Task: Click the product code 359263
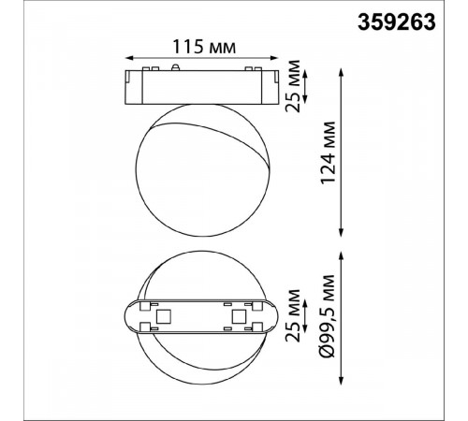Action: [396, 22]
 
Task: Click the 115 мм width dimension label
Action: [204, 47]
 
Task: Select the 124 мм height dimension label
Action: [329, 152]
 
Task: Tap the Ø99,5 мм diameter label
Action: [328, 316]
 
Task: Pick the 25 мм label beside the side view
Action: [293, 86]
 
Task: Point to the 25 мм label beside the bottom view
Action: [293, 315]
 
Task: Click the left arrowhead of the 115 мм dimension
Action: [129, 58]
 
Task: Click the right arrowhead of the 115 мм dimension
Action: [274, 58]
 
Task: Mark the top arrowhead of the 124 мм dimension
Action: [341, 73]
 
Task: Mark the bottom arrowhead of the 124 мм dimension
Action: [341, 232]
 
